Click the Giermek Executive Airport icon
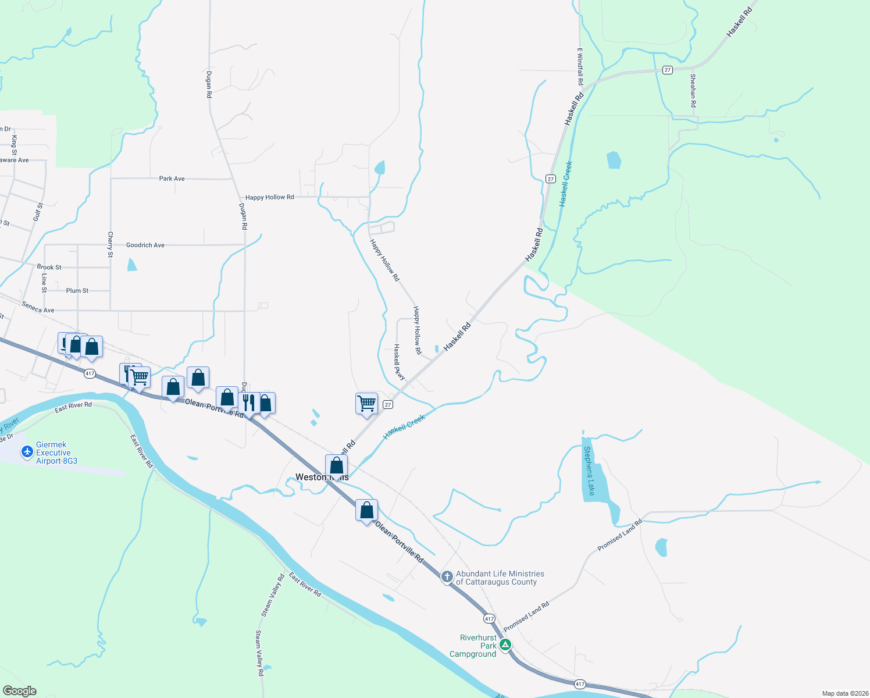pos(27,452)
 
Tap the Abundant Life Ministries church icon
pos(447,577)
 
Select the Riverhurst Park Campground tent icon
pos(505,644)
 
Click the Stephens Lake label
pos(590,471)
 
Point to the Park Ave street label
pos(172,179)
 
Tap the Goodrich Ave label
pos(145,245)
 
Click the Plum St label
pos(77,290)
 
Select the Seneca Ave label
pos(38,307)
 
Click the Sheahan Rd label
pos(693,90)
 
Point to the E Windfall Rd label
pos(580,66)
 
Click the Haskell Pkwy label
pos(399,362)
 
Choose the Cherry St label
pos(110,244)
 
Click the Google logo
pos(20,691)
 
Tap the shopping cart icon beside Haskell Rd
pos(366,403)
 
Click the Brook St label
pos(49,267)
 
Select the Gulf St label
pos(38,212)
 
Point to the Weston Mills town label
pos(322,477)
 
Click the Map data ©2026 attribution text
pos(843,693)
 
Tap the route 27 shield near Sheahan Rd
pos(668,70)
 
